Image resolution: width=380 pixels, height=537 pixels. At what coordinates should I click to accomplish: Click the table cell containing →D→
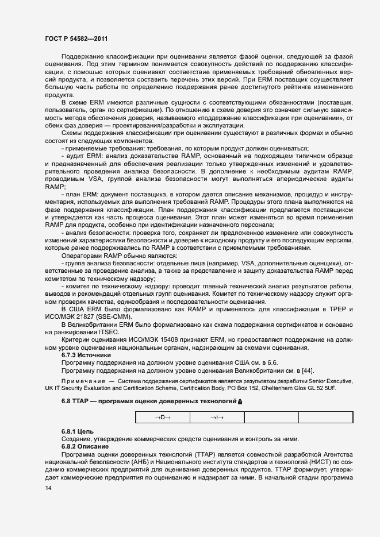click(162, 417)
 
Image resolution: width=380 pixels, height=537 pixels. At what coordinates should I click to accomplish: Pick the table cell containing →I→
click(216, 417)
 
